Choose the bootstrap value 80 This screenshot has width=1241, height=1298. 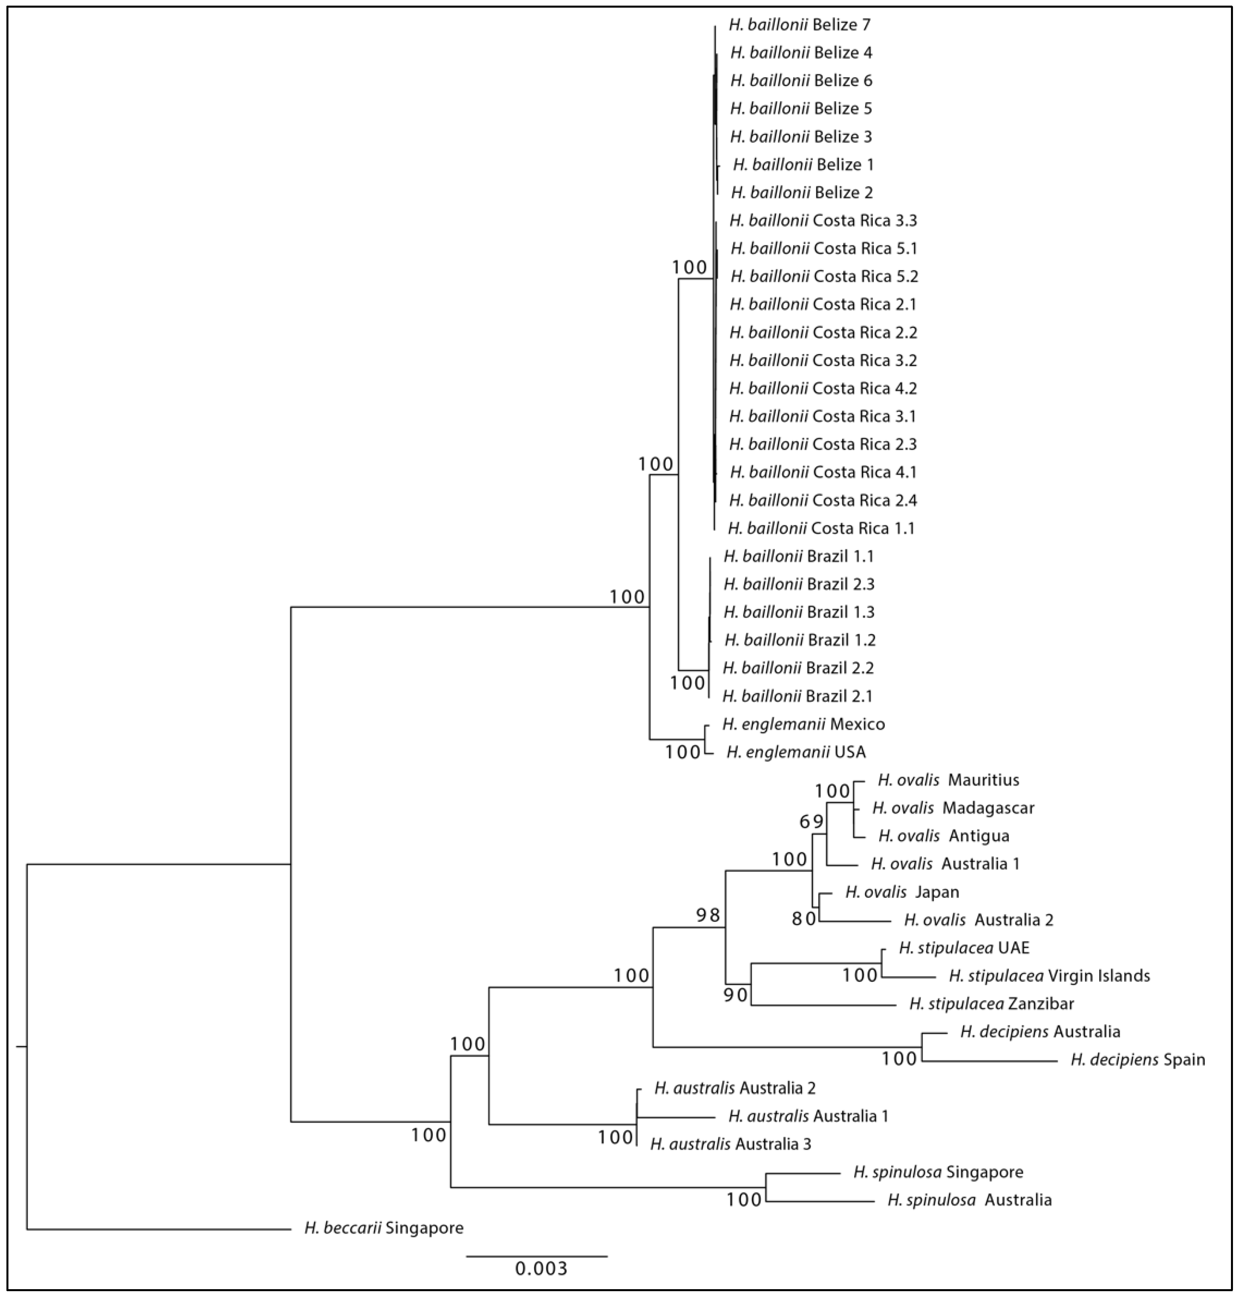804,919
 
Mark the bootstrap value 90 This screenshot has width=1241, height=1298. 735,995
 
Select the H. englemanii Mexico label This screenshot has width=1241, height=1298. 803,724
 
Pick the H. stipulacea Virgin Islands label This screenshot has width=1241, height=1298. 1049,976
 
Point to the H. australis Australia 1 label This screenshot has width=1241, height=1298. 808,1116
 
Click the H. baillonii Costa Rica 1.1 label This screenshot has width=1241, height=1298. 821,528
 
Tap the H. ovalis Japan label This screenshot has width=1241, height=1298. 902,892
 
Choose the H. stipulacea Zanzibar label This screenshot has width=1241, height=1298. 991,1003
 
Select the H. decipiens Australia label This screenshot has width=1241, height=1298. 1040,1031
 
